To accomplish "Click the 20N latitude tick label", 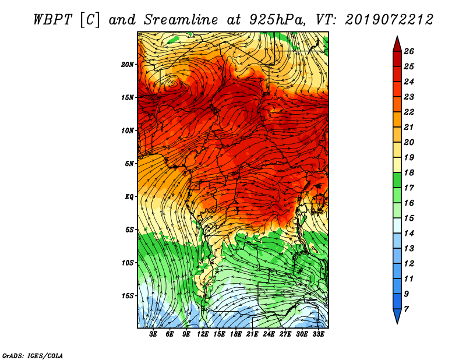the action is [127, 65].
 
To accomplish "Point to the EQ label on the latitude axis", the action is [129, 197].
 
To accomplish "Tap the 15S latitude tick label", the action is [127, 296].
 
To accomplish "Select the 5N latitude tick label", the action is [129, 164].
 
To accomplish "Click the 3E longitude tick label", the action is [153, 334].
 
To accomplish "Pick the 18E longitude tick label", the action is [236, 334].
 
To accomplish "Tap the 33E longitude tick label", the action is [318, 334].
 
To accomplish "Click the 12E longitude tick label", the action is [203, 334].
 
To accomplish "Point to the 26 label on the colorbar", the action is [409, 51].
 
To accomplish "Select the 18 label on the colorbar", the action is [409, 172].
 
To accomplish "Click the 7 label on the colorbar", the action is [406, 309].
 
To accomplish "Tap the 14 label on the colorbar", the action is [409, 234].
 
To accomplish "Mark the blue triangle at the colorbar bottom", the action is [397, 316].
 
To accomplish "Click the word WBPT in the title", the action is [52, 20].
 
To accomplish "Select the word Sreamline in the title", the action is [181, 20].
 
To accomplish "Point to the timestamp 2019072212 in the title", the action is [389, 20].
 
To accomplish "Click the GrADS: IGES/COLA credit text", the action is [33, 355].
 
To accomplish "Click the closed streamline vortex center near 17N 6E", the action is [172, 84].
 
